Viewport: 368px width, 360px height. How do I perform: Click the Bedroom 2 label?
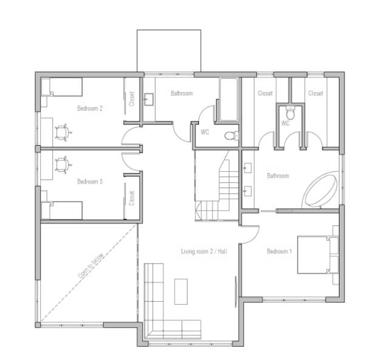click(90, 109)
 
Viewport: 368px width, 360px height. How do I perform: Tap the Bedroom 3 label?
click(90, 182)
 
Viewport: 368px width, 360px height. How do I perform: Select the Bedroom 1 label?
click(279, 251)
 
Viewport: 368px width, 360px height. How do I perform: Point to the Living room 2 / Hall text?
click(204, 251)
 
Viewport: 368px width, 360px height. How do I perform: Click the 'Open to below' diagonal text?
click(91, 266)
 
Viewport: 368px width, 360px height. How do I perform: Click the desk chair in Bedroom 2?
click(63, 132)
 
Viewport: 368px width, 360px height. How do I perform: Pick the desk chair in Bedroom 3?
click(63, 165)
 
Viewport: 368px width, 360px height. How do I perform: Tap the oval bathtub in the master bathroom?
click(320, 190)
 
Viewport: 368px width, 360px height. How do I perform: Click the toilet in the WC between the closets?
click(290, 113)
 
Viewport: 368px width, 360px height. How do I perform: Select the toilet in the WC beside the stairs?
click(231, 135)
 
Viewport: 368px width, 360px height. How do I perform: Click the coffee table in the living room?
click(181, 291)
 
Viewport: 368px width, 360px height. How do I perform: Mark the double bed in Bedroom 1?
click(318, 255)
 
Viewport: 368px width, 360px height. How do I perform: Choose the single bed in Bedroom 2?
click(62, 87)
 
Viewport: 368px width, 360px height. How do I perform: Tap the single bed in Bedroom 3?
click(62, 210)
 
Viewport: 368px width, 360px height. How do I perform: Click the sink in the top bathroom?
click(149, 100)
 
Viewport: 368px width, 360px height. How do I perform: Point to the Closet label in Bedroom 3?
click(132, 198)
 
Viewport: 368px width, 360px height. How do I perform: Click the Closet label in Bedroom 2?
click(132, 99)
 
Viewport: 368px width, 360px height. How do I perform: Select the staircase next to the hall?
click(216, 185)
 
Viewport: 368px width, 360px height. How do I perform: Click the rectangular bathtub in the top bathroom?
click(229, 100)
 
